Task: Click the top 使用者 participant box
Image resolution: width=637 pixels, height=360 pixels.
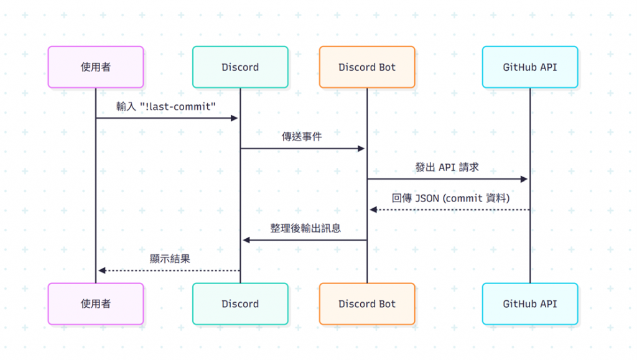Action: (x=96, y=67)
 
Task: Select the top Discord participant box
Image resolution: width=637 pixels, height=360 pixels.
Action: (x=240, y=67)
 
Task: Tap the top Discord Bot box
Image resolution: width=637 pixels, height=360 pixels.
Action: (x=367, y=67)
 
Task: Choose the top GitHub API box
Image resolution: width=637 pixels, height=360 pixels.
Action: (x=530, y=67)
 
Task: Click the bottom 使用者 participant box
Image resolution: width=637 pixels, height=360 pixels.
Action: (x=96, y=304)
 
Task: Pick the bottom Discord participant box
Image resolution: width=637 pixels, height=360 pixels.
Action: (x=240, y=304)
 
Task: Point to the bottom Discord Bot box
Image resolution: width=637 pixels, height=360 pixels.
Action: (x=367, y=304)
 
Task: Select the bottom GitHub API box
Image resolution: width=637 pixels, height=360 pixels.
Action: (x=530, y=304)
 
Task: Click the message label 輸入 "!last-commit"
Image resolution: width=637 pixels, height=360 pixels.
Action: (x=166, y=106)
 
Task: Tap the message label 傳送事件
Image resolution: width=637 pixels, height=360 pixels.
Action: (x=302, y=137)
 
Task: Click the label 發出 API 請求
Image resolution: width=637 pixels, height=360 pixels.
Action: (x=447, y=167)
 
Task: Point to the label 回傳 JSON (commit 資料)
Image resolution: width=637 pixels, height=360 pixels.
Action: (x=451, y=198)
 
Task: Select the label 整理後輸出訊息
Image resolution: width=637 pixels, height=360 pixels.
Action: (x=305, y=228)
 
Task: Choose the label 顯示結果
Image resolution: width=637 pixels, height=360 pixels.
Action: (x=170, y=259)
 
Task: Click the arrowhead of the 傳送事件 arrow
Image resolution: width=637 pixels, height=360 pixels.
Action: (x=361, y=149)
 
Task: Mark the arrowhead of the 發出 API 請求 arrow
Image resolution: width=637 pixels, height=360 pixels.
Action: (x=524, y=179)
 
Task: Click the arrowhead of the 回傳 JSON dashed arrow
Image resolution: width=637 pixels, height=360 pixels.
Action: (x=373, y=210)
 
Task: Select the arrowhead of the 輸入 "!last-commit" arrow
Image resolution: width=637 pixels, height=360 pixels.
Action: (x=235, y=118)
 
